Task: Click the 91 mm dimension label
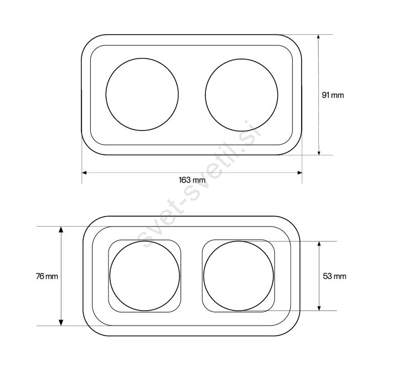(333, 95)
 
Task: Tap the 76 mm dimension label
(47, 276)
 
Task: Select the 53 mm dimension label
(334, 276)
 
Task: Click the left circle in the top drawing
(106, 95)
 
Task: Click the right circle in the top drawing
(205, 95)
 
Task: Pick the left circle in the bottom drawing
(110, 276)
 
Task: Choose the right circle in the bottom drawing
(203, 276)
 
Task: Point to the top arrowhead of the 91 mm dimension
(318, 37)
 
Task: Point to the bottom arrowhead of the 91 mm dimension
(319, 153)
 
